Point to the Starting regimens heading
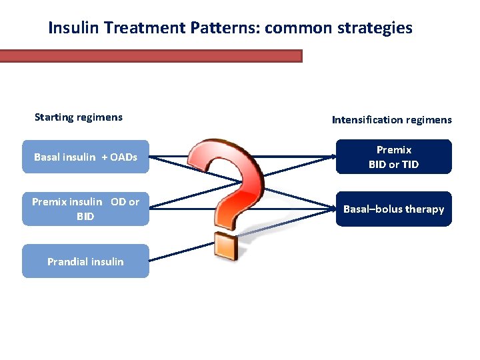79,117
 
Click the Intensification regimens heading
391,120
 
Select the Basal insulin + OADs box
85,157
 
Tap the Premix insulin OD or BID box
85,209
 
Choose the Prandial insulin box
85,261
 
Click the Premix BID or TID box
393,157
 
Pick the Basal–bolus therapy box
393,209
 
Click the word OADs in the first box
123,157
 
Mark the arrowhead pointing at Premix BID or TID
333,157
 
